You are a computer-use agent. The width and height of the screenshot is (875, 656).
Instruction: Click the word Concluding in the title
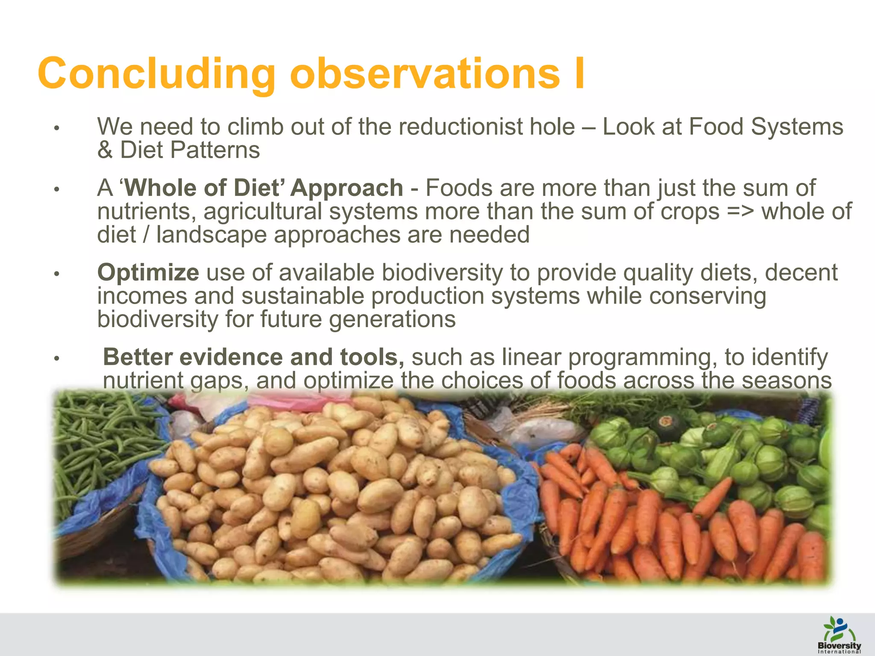[156, 73]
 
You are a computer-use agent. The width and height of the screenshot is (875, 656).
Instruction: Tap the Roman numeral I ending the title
[579, 73]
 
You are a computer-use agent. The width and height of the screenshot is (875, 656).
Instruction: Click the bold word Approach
[346, 188]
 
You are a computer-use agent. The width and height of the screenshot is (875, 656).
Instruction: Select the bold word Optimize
[148, 272]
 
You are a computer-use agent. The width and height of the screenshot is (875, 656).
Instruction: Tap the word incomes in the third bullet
[142, 296]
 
